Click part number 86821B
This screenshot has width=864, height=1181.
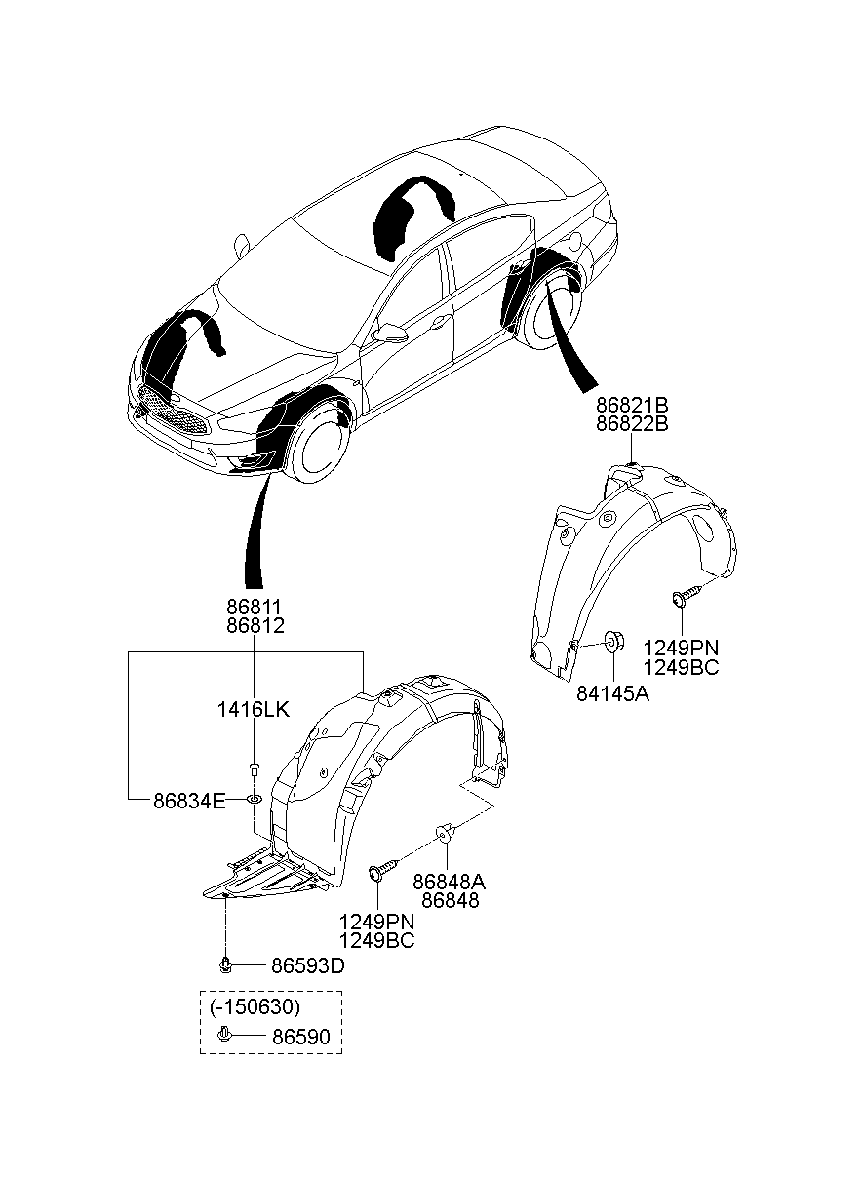[632, 405]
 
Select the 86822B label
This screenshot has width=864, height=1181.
[632, 424]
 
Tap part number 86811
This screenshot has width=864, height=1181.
[255, 607]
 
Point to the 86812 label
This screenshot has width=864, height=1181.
[255, 626]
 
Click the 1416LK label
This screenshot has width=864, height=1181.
[254, 710]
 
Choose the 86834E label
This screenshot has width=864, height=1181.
[189, 802]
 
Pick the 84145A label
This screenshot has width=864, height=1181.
[612, 694]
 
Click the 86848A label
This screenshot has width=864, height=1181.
[450, 882]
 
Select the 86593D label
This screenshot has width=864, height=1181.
[308, 965]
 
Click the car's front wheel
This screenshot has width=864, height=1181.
[320, 446]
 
